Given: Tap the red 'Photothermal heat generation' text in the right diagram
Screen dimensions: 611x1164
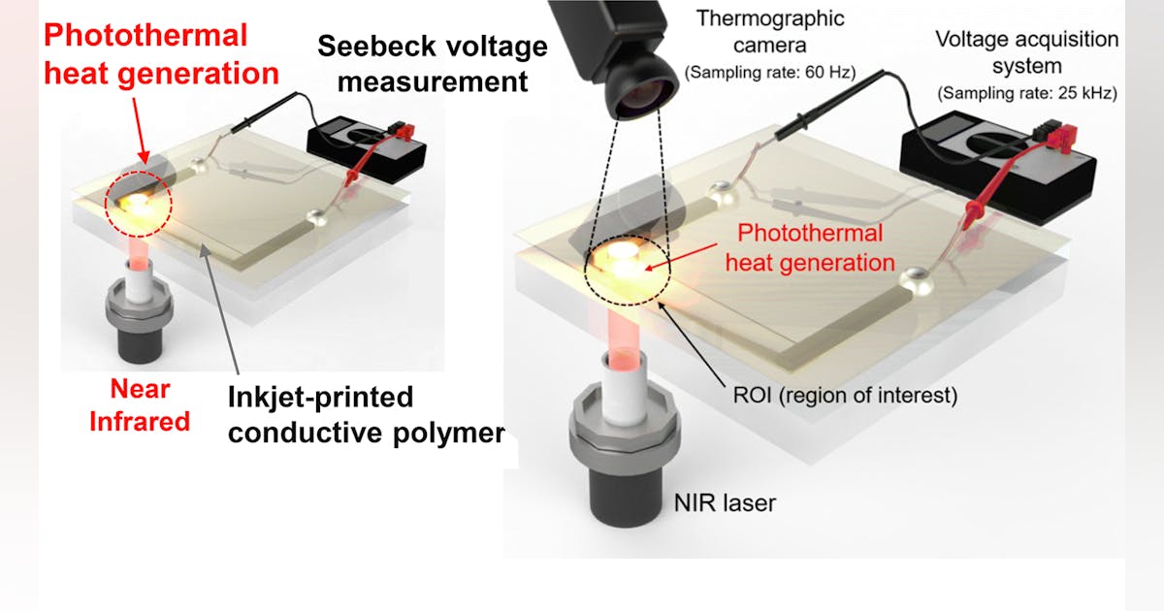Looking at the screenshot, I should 810,247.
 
